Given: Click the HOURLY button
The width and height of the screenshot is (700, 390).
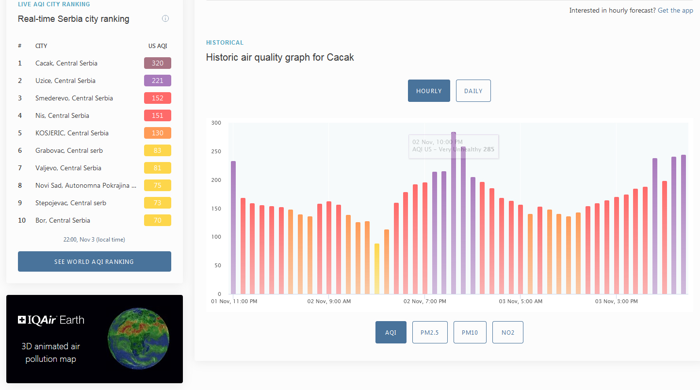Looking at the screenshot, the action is (429, 91).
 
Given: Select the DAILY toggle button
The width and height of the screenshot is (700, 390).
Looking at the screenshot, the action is (473, 91).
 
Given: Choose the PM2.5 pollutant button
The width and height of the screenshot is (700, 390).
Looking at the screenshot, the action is (430, 332).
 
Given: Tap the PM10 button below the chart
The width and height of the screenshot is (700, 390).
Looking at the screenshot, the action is (470, 332).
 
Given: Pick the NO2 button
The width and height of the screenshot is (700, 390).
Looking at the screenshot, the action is (508, 332).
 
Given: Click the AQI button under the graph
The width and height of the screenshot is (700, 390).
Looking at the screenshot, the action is (391, 332).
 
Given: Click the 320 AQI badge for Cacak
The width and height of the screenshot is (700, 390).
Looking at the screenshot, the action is (158, 63).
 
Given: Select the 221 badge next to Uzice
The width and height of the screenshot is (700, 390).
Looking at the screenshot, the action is (158, 81).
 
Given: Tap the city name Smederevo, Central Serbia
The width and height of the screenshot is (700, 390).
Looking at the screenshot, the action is (74, 98).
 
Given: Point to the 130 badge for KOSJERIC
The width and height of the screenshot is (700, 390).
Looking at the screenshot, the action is (158, 133).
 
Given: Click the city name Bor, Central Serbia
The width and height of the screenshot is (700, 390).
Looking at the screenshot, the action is (63, 220).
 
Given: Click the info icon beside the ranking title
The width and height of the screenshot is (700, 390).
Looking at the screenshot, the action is (165, 18).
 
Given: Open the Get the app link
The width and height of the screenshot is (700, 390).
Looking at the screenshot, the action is (675, 10).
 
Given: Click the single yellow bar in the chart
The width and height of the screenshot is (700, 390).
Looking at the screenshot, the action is (377, 269).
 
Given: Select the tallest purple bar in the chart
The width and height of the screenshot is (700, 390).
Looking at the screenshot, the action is (454, 213).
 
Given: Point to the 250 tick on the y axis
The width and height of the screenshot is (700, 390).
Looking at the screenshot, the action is (216, 151).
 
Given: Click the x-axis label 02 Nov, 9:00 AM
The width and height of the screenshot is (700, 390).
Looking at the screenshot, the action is (329, 301).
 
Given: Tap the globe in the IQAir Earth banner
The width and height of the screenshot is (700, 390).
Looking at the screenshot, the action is (138, 339).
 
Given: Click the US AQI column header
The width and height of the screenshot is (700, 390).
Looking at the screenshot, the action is (158, 46).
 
